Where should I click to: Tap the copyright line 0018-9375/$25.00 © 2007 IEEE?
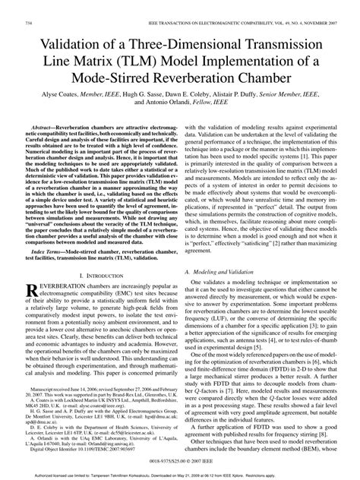pos(179,460)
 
